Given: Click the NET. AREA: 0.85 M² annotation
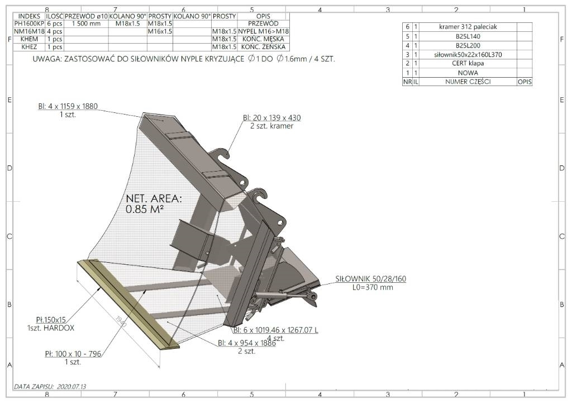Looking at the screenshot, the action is [154, 203].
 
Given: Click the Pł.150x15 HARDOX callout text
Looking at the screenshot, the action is [51, 324].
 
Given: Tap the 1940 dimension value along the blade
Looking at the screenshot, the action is [121, 321].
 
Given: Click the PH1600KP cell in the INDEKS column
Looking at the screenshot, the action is [29, 23].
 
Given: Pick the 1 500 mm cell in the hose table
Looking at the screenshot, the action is [86, 23].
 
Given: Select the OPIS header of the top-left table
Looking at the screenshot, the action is [263, 16].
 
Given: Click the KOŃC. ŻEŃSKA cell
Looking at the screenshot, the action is [263, 47].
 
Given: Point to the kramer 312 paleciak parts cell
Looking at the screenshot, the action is [468, 27].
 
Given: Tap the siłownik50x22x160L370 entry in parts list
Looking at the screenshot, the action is [468, 55].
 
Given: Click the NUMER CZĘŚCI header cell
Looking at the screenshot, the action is [468, 82].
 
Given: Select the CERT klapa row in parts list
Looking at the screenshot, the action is [468, 64].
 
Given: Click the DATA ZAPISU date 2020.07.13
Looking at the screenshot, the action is [71, 387].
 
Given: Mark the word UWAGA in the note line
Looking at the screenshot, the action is [47, 59].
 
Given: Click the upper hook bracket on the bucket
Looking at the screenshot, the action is [221, 153].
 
